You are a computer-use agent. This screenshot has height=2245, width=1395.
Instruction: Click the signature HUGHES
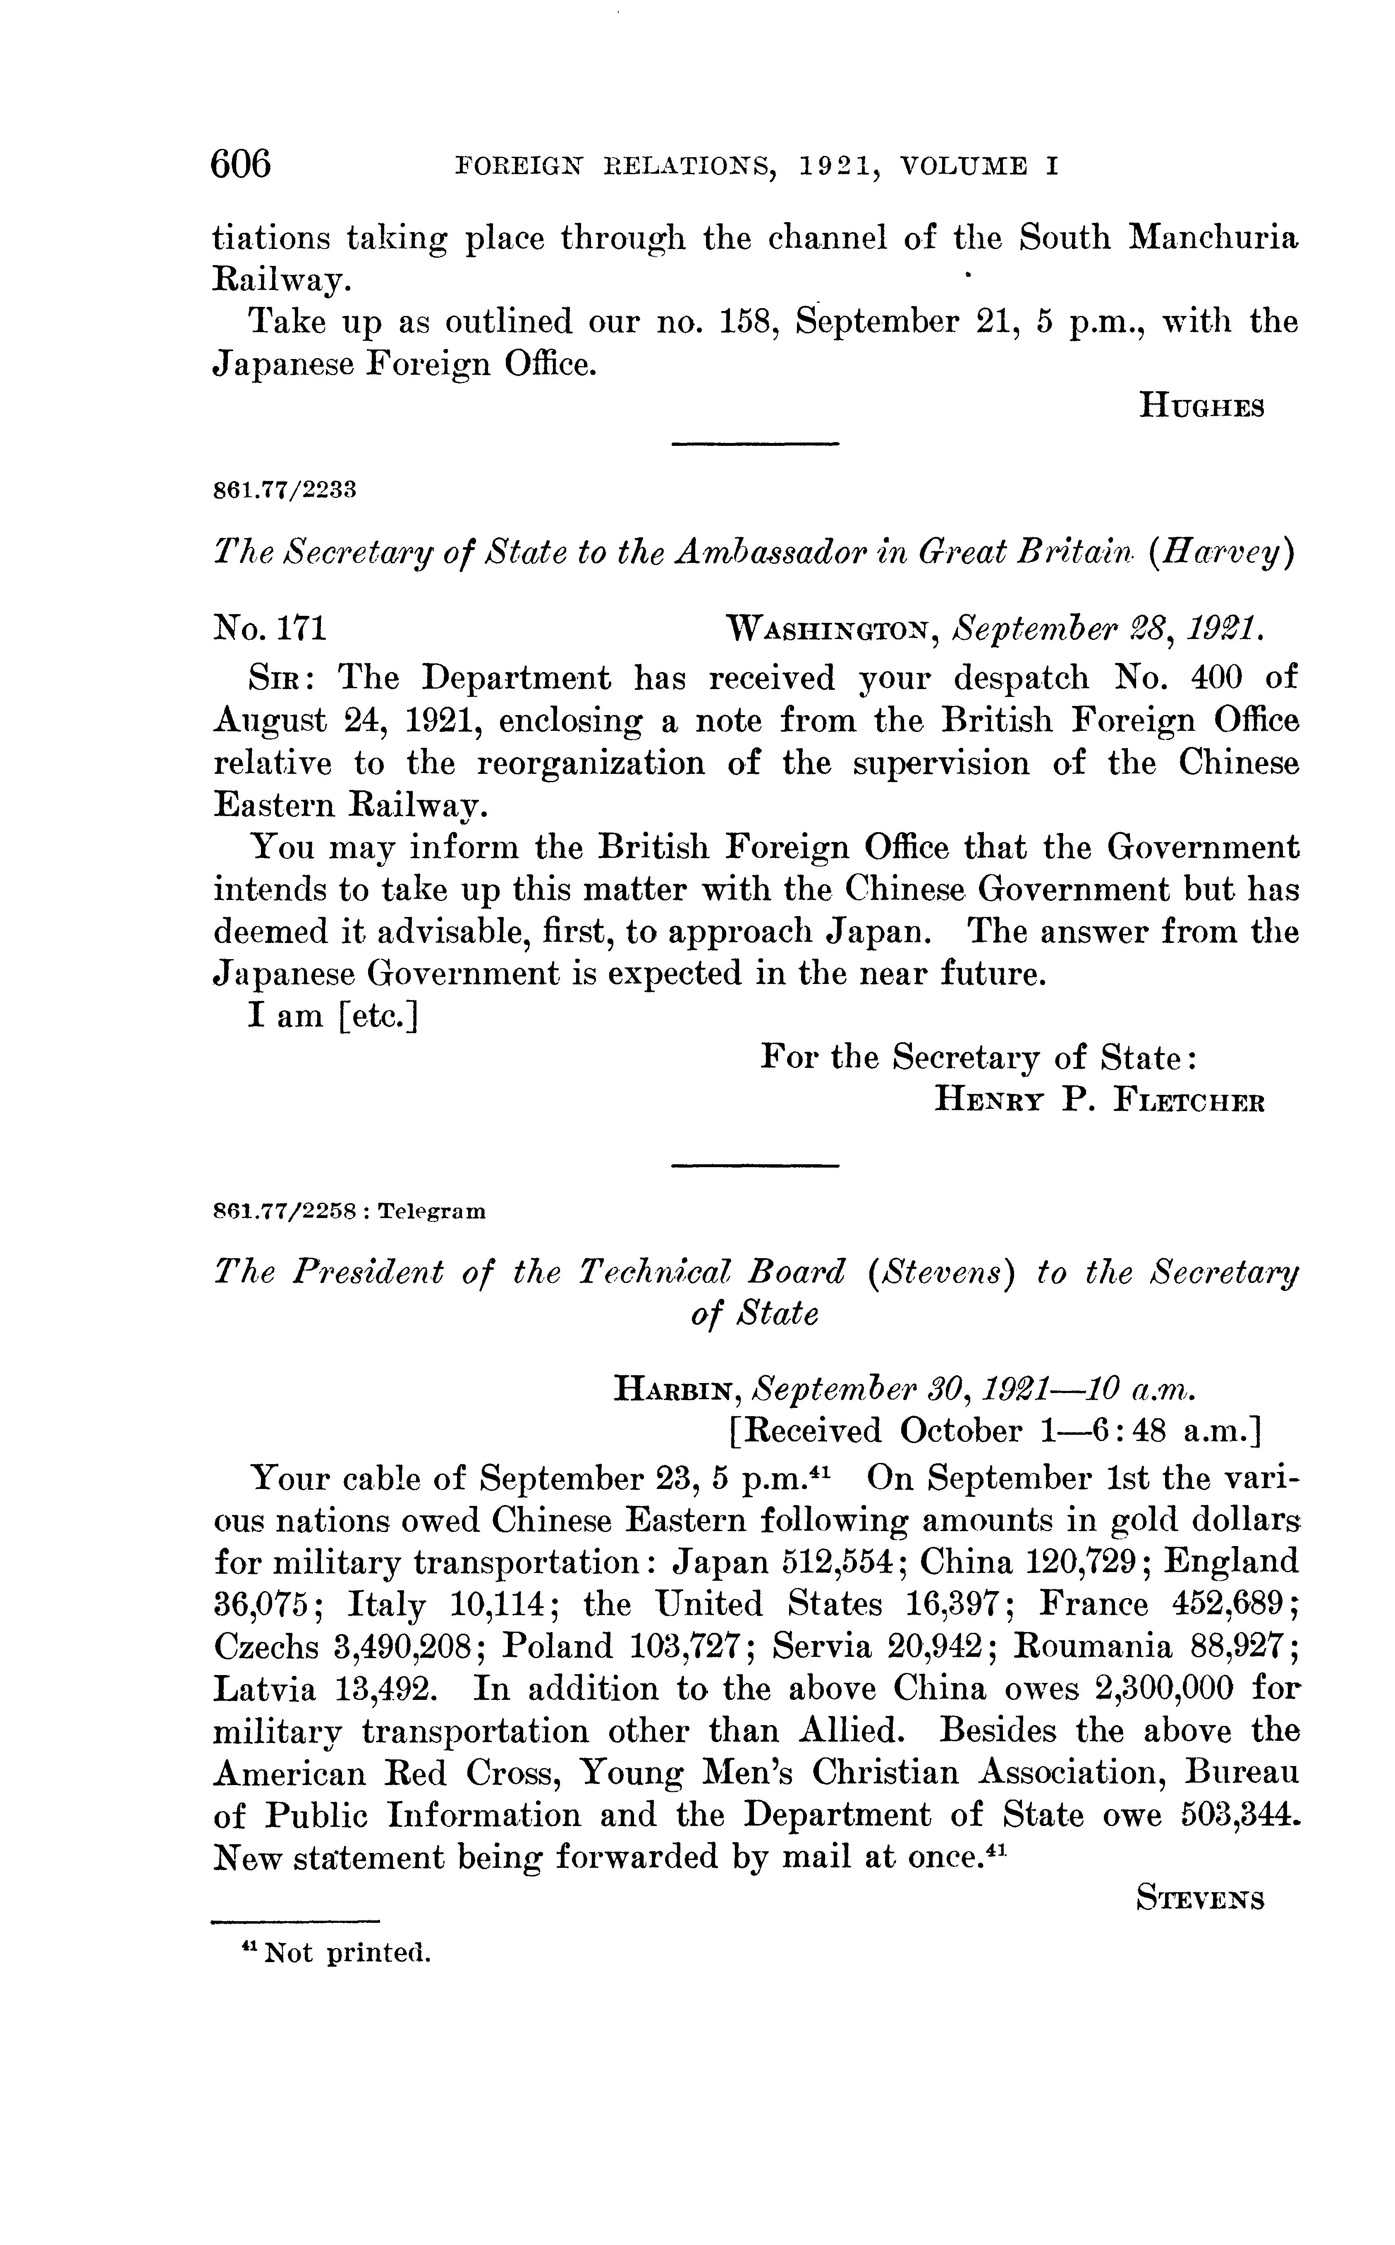[1201, 406]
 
